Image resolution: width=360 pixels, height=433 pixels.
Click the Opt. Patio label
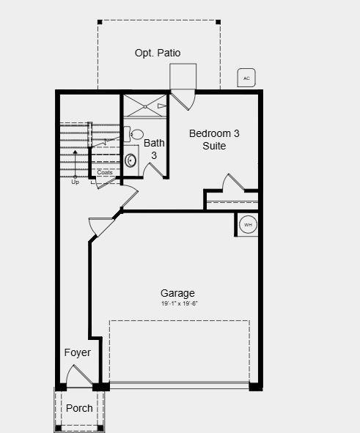157,53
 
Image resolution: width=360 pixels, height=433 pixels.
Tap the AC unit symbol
246,78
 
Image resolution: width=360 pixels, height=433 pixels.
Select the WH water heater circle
248,225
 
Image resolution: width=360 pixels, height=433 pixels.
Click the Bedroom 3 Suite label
214,139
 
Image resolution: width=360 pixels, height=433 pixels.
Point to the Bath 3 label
154,149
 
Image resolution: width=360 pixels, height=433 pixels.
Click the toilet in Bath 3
135,134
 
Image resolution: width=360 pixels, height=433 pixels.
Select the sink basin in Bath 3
131,160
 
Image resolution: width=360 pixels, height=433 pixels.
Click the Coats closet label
105,173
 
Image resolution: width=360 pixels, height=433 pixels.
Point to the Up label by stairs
75,182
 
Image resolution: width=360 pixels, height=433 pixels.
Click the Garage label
177,293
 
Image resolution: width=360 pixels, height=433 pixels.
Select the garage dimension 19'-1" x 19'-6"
180,303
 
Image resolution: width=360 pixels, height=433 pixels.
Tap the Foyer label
77,352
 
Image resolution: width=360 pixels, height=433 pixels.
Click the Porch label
79,408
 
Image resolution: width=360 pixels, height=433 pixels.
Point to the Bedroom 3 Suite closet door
234,182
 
